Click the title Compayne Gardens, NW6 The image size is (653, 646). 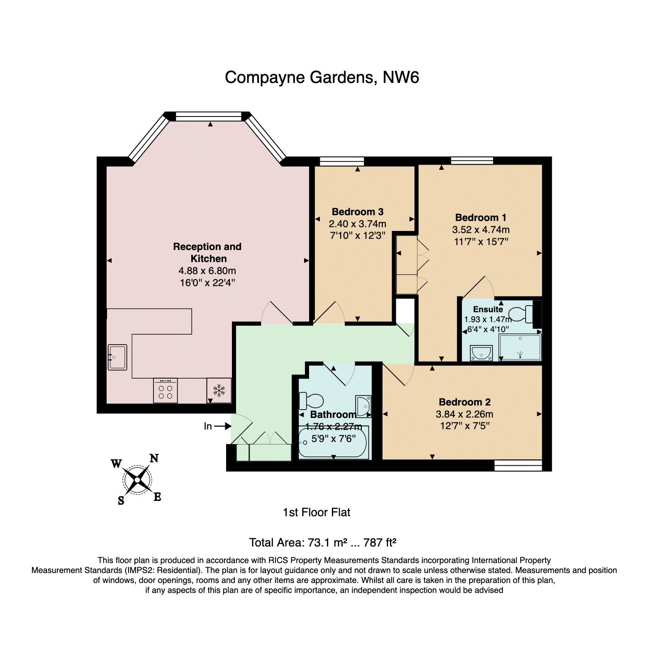pos(322,78)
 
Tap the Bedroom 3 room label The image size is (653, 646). pos(357,212)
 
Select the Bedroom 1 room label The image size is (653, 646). pos(480,218)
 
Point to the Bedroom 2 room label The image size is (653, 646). pos(465,402)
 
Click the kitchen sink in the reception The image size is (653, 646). pos(117,357)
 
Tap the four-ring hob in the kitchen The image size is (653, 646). pos(165,390)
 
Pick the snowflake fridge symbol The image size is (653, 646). pos(219,390)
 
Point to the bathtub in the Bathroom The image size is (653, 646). pos(334,443)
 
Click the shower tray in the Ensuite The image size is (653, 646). pos(520,347)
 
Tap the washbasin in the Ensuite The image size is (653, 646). pos(481,353)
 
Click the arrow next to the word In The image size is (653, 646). pos(222,426)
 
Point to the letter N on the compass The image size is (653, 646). pos(154,458)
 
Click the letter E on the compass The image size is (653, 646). pos(157,496)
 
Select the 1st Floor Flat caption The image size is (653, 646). pos(317,512)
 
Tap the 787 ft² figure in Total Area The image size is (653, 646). pos(380,542)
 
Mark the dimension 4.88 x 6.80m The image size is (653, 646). pos(207,271)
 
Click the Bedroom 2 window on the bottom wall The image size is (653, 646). pos(518,465)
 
